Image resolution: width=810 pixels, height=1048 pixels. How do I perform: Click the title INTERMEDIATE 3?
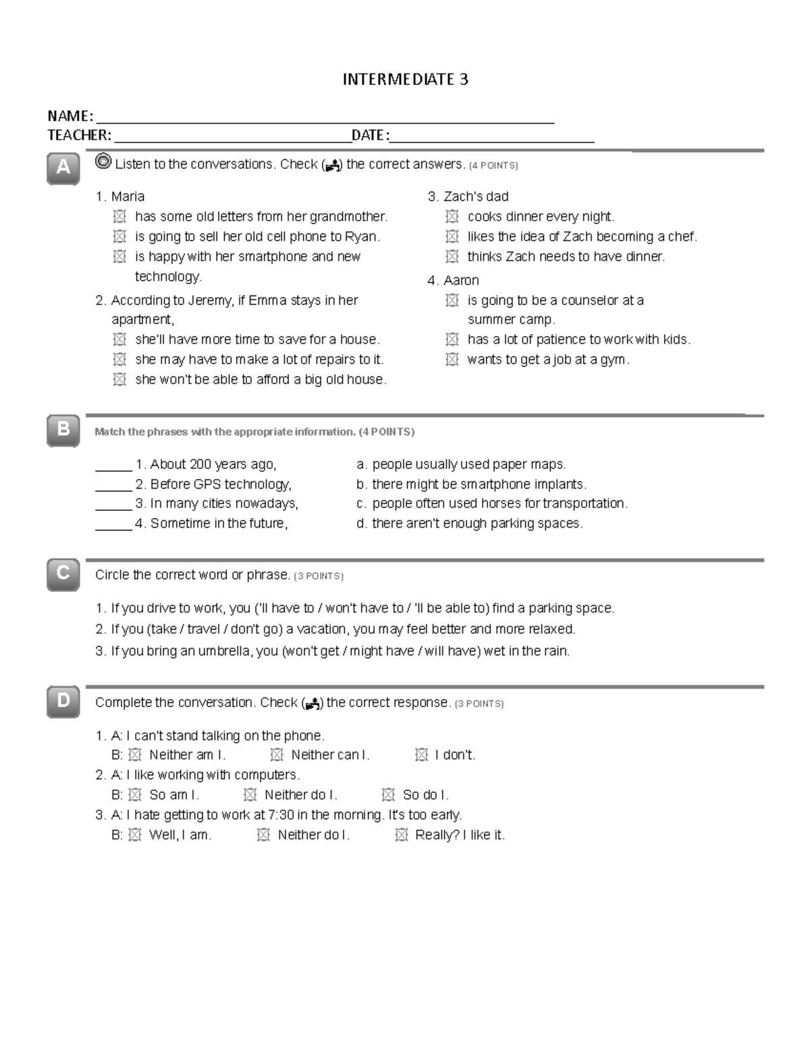pos(405,80)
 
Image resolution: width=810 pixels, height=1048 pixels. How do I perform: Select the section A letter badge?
pos(63,167)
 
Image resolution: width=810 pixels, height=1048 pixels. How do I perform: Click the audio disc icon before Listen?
pos(103,162)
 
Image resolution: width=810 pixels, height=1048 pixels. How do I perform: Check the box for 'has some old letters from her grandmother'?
pos(119,217)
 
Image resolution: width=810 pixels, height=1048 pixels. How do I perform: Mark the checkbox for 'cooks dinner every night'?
pos(452,217)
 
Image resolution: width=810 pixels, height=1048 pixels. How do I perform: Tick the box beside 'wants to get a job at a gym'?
pos(452,360)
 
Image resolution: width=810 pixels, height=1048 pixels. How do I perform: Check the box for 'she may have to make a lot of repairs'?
pos(119,360)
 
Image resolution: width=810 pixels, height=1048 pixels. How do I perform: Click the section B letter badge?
pos(63,429)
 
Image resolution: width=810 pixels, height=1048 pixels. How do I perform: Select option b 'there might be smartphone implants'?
pos(472,484)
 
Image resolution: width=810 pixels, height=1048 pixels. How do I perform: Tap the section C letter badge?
pos(63,574)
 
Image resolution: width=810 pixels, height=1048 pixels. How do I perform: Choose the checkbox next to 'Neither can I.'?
pos(276,755)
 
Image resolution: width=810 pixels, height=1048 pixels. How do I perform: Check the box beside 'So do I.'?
pos(387,795)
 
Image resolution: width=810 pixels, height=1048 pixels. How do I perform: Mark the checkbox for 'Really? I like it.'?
pos(401,835)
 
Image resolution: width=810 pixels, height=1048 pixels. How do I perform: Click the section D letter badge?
pos(63,701)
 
